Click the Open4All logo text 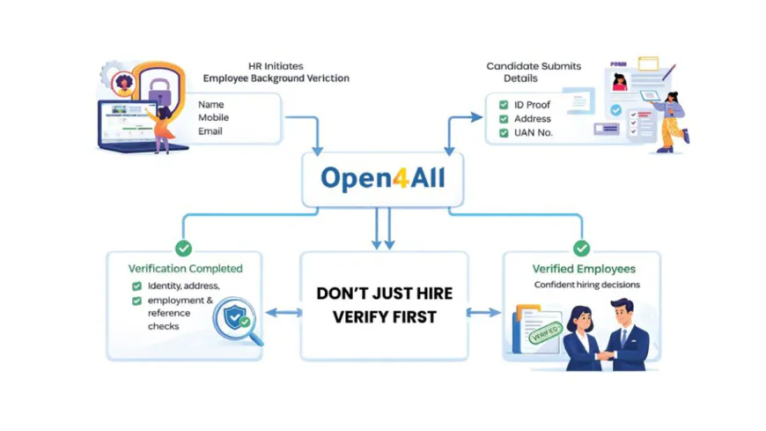[383, 179]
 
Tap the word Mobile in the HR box [214, 117]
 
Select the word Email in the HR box [210, 131]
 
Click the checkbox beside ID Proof [503, 105]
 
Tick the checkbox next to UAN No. [503, 133]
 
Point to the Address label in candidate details [533, 119]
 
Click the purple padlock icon [158, 90]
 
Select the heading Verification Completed [185, 268]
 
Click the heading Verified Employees [583, 268]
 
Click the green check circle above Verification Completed [183, 249]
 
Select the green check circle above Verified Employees [581, 249]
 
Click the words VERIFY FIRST [384, 316]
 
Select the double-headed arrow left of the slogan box [283, 312]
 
